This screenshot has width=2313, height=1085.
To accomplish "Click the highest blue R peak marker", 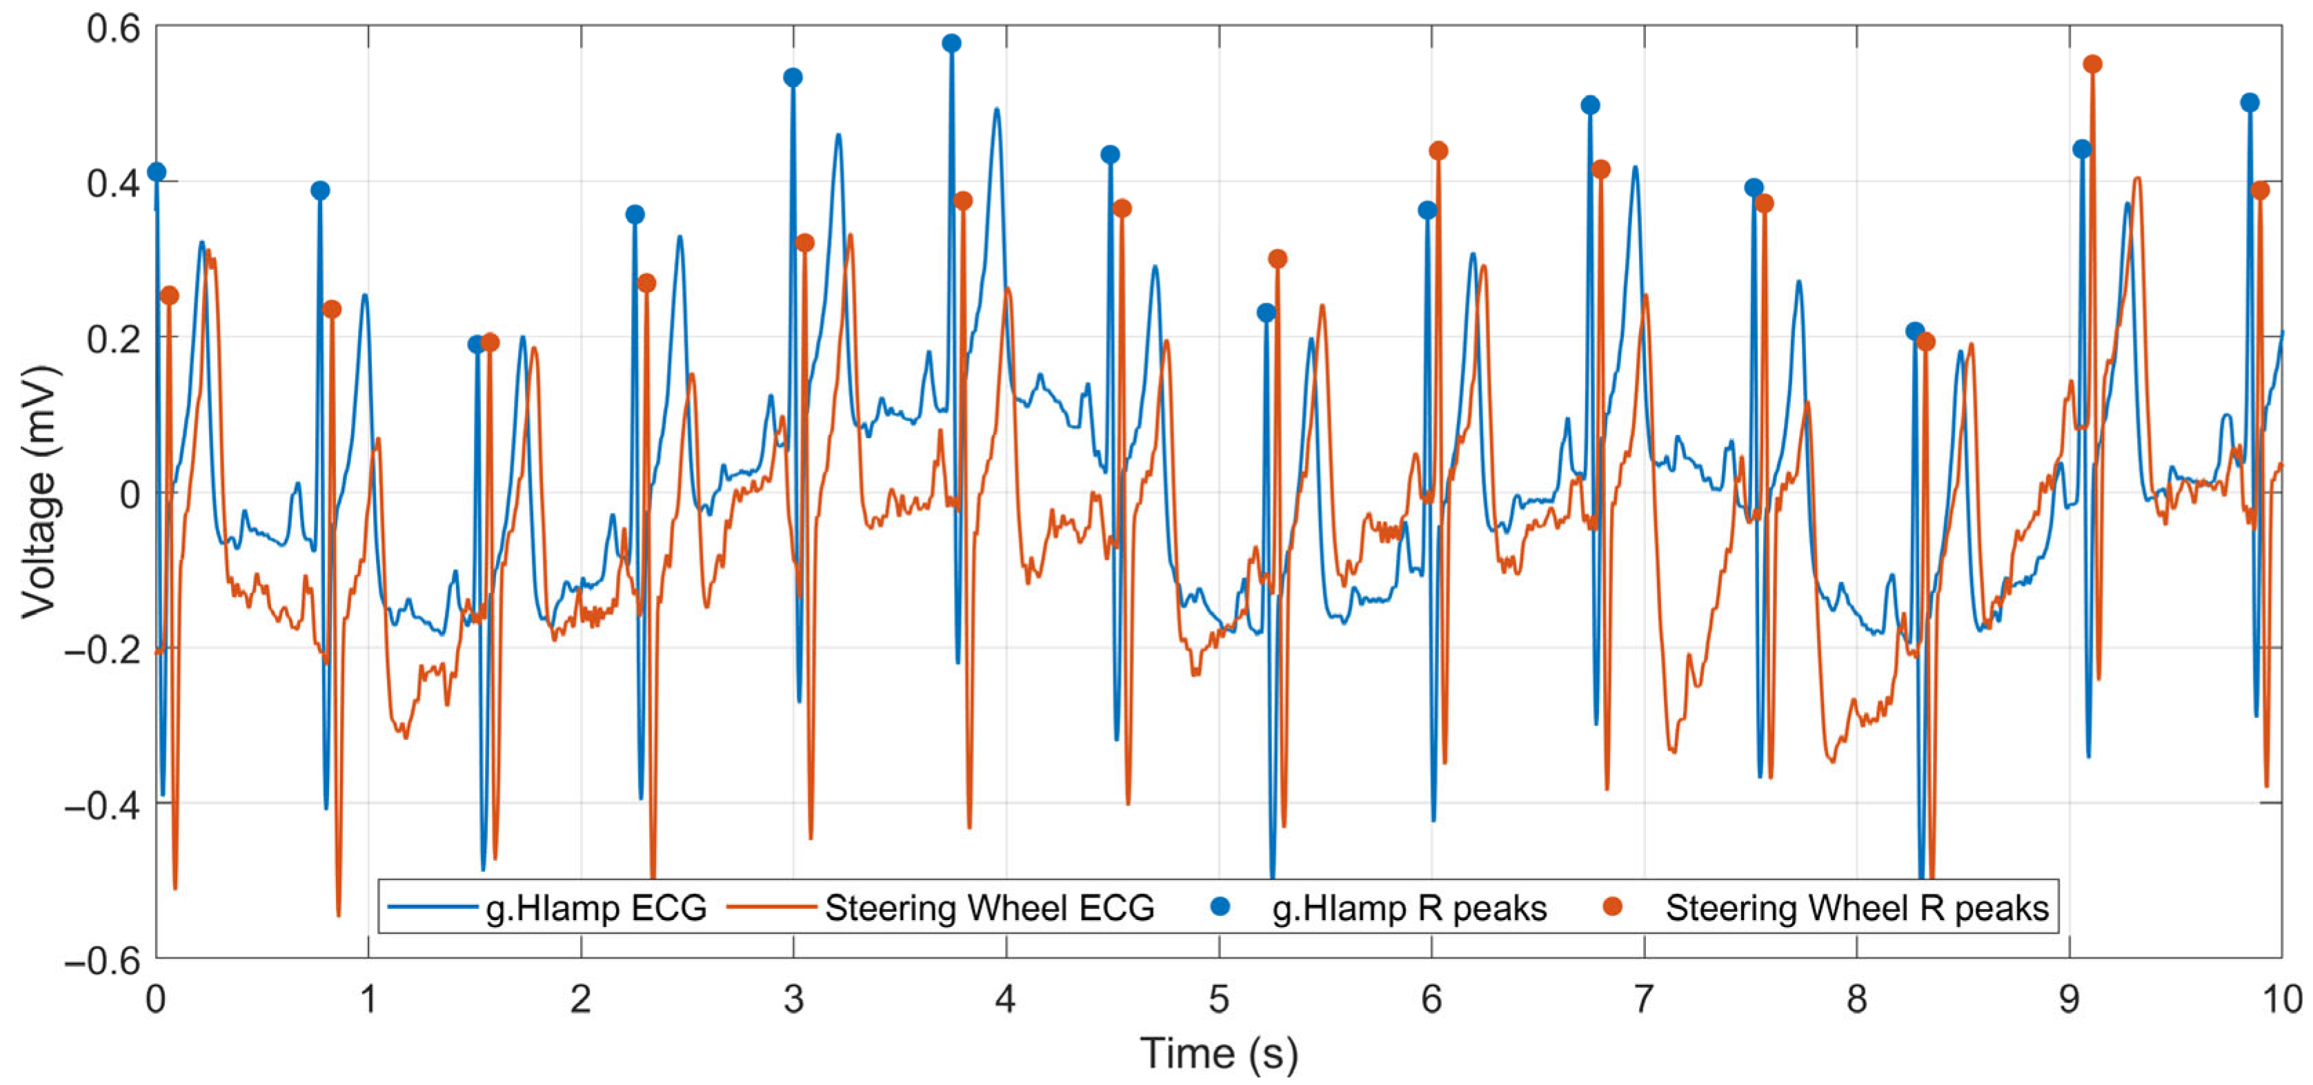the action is pyautogui.click(x=952, y=43).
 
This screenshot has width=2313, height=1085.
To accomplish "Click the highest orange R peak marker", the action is pyautogui.click(x=2092, y=63).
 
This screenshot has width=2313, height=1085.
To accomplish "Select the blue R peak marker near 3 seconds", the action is pyautogui.click(x=793, y=77).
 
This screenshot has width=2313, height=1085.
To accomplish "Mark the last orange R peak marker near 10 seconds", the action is pyautogui.click(x=2260, y=190).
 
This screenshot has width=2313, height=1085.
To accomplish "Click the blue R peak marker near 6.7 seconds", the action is pyautogui.click(x=1590, y=104).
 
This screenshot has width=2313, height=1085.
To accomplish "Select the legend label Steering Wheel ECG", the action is pyautogui.click(x=989, y=908).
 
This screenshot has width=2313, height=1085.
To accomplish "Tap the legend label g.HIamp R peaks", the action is pyautogui.click(x=1410, y=908).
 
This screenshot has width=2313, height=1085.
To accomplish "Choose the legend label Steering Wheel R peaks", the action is pyautogui.click(x=1858, y=908).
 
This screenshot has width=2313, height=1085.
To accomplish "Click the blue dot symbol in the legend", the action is pyautogui.click(x=1220, y=906).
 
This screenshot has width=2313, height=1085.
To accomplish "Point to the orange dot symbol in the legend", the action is pyautogui.click(x=1613, y=906).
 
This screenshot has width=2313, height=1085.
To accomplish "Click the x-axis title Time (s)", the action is pyautogui.click(x=1218, y=1053).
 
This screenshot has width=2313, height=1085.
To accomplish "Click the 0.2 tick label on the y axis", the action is pyautogui.click(x=114, y=339).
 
